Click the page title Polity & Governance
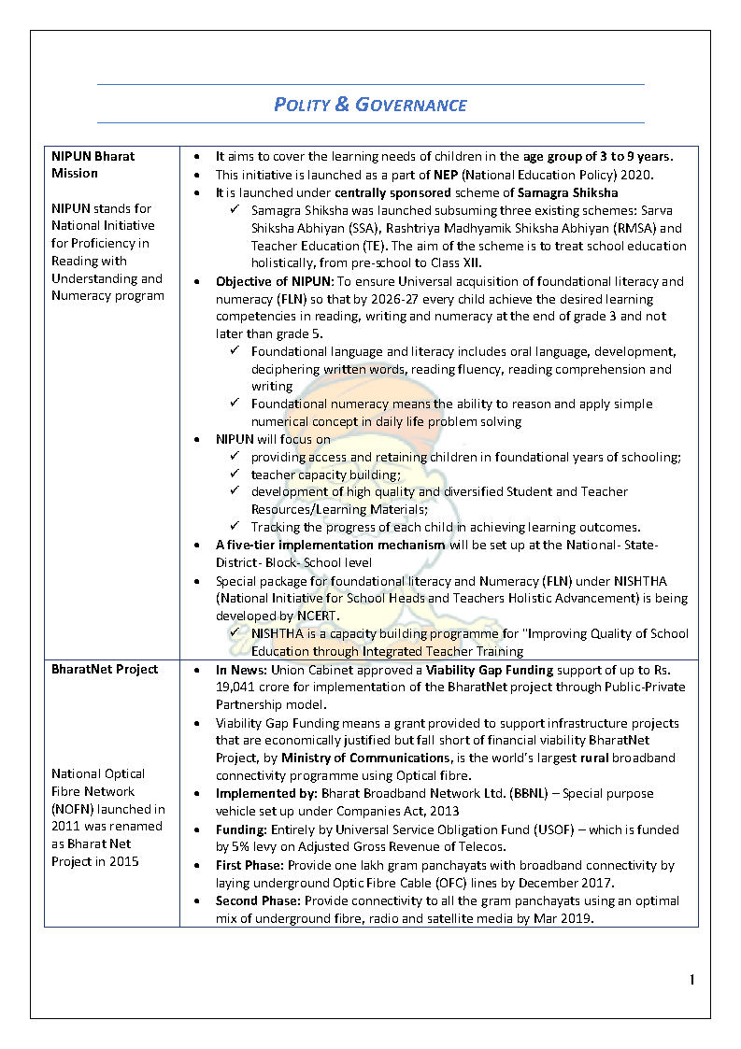tap(370, 104)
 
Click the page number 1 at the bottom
tap(692, 980)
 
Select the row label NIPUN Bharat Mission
tap(93, 164)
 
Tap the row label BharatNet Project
tap(105, 669)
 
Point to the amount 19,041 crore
tap(254, 688)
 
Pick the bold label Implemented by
tap(266, 794)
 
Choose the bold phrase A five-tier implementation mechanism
tap(331, 546)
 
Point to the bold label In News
tap(246, 670)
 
